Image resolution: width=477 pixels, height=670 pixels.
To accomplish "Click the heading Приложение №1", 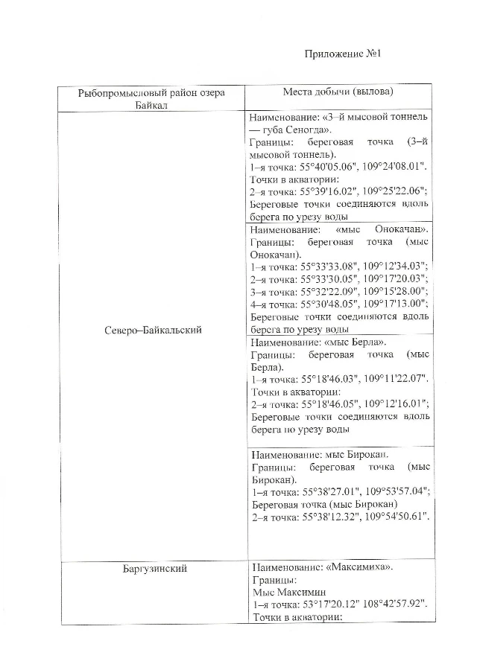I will (344, 54).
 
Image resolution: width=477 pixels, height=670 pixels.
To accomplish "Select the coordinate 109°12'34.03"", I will (393, 265).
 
